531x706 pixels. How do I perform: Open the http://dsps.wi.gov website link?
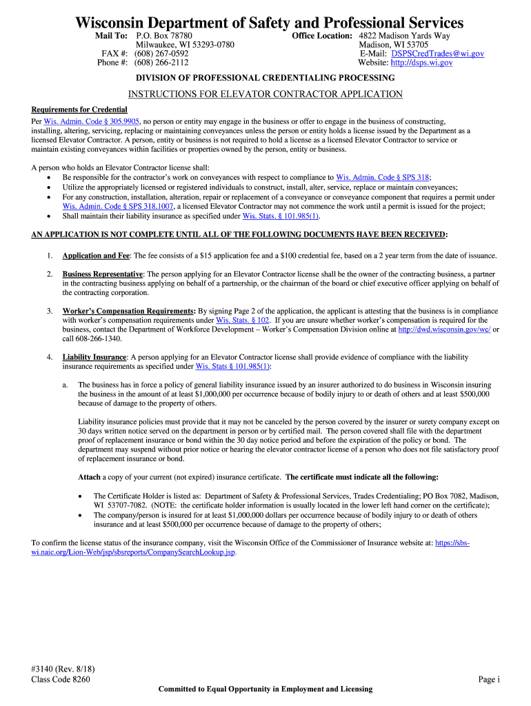(x=421, y=63)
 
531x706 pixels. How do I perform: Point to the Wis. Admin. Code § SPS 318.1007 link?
(x=119, y=205)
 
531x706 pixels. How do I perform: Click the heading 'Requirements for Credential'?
(x=79, y=110)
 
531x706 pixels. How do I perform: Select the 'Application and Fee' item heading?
(x=96, y=255)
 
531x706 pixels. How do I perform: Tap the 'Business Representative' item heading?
(x=103, y=274)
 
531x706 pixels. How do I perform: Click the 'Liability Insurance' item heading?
(x=94, y=357)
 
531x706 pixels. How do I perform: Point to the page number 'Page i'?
(x=488, y=679)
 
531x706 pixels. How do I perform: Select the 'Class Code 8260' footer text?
(x=61, y=679)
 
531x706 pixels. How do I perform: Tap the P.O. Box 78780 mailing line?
(x=164, y=35)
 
